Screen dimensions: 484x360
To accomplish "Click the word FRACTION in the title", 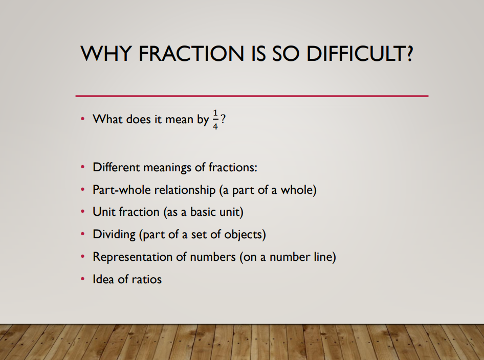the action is coord(191,53).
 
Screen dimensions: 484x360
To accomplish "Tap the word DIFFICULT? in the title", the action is coord(360,53).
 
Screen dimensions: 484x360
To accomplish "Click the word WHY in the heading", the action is coord(106,53).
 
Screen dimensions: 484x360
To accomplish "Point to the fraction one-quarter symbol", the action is coord(215,119).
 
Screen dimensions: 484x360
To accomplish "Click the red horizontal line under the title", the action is coord(252,96).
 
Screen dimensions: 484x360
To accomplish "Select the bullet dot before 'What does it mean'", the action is coord(82,119).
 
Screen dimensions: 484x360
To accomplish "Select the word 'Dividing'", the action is coord(114,234).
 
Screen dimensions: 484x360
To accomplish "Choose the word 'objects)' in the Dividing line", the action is coord(245,234).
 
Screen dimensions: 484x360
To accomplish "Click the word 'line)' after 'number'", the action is coord(325,257).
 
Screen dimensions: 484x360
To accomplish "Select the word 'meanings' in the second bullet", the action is coord(167,168).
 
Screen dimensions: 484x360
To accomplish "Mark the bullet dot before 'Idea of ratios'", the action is coord(82,279).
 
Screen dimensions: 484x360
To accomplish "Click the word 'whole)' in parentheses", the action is coord(298,190).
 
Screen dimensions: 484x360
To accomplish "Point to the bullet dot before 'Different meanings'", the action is coord(82,167).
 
